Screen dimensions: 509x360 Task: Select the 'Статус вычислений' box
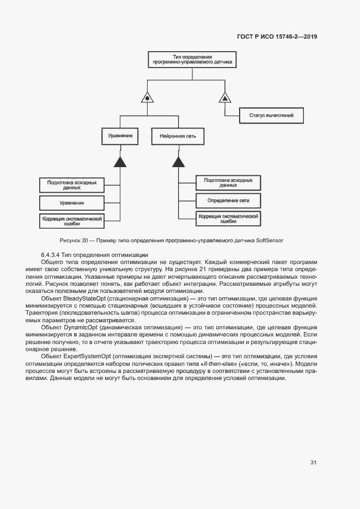tap(271, 115)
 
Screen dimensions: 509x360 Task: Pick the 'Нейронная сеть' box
tap(178, 135)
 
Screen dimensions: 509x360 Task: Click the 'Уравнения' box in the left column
tap(71, 203)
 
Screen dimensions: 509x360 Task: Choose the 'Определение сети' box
tap(228, 200)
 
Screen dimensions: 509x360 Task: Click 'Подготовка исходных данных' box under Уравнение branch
tap(71, 185)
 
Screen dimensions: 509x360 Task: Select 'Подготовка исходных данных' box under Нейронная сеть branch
tap(228, 182)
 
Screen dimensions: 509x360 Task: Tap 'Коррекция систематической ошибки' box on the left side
tap(71, 220)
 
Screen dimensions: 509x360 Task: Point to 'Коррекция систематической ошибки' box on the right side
tap(228, 218)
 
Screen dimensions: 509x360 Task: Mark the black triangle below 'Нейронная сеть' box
tap(178, 161)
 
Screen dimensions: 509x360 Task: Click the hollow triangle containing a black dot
tap(146, 98)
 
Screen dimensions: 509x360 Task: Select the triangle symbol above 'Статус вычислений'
tap(225, 98)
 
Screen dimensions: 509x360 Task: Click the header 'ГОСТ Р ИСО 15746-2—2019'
tap(277, 37)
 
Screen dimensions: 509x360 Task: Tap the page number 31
tap(313, 463)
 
